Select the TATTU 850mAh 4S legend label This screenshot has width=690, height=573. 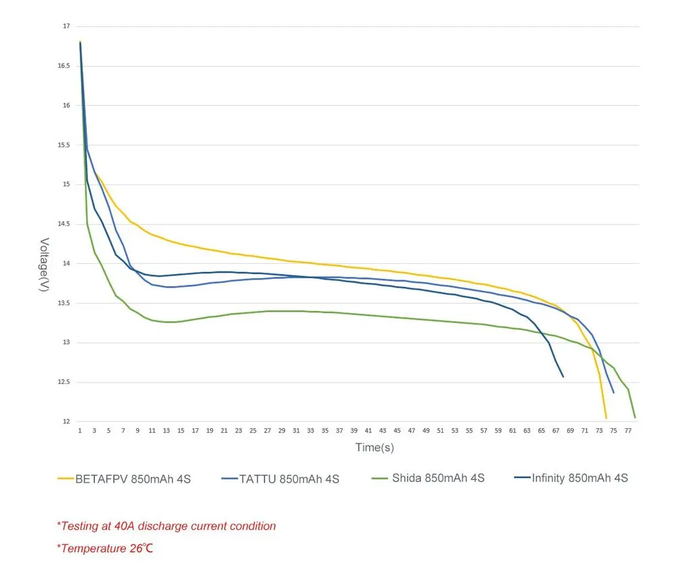tap(289, 479)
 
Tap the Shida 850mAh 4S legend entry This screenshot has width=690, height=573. tap(438, 478)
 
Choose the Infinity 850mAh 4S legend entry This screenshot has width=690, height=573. tap(579, 478)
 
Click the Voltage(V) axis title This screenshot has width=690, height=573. tap(44, 265)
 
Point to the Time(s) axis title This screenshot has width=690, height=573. tap(375, 447)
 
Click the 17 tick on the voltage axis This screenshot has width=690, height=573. tap(66, 26)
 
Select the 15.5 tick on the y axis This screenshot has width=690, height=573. tap(63, 145)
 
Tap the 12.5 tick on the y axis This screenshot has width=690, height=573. tap(63, 382)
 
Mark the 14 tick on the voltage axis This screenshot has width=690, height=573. tap(66, 263)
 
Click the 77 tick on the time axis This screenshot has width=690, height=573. tap(628, 430)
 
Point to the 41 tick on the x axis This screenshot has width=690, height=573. tap(369, 430)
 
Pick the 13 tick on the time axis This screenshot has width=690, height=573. tap(166, 430)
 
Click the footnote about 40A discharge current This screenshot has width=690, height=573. tap(166, 526)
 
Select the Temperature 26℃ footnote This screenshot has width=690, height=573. tap(105, 548)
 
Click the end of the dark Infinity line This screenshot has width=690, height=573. tap(563, 376)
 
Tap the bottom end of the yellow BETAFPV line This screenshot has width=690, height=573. tap(606, 418)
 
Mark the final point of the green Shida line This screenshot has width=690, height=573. tap(635, 417)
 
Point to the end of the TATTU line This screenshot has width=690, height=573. tap(614, 393)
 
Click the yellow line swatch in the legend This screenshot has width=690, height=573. tap(65, 479)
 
